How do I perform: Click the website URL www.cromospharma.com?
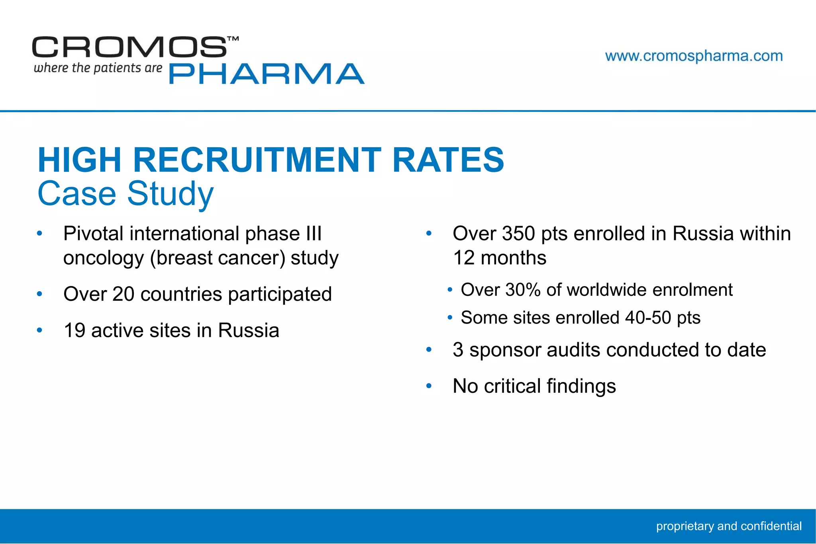[694, 56]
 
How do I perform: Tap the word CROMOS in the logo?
[129, 47]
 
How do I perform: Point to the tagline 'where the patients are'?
[98, 68]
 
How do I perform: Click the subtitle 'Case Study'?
[126, 194]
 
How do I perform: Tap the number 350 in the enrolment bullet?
[518, 234]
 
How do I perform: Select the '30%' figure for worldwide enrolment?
[523, 290]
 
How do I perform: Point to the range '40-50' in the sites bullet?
[648, 318]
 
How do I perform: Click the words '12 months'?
[500, 258]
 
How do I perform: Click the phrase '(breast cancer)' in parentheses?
[218, 258]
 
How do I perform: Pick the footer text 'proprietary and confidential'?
[729, 526]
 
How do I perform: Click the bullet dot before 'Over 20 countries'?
[39, 294]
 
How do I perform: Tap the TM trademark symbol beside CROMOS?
[233, 39]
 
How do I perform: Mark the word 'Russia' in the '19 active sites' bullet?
[249, 331]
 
